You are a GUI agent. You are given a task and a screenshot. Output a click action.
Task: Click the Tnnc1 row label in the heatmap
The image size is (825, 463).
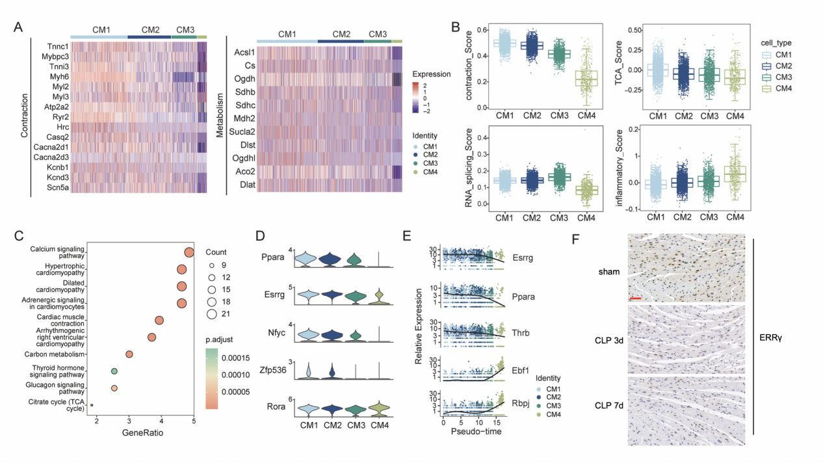click(x=53, y=47)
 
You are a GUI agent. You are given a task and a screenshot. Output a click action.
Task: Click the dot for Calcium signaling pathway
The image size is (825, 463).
click(x=189, y=253)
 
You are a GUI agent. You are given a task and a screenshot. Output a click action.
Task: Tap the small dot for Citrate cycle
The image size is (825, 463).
click(x=92, y=405)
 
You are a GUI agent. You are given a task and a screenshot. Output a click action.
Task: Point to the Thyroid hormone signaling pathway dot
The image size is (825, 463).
click(x=114, y=371)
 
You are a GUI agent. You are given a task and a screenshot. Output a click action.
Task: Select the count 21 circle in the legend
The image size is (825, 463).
click(x=213, y=315)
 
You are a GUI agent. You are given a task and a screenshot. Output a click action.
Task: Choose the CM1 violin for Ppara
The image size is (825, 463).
click(x=309, y=259)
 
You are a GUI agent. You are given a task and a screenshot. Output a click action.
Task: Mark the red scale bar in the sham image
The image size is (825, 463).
click(x=636, y=298)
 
